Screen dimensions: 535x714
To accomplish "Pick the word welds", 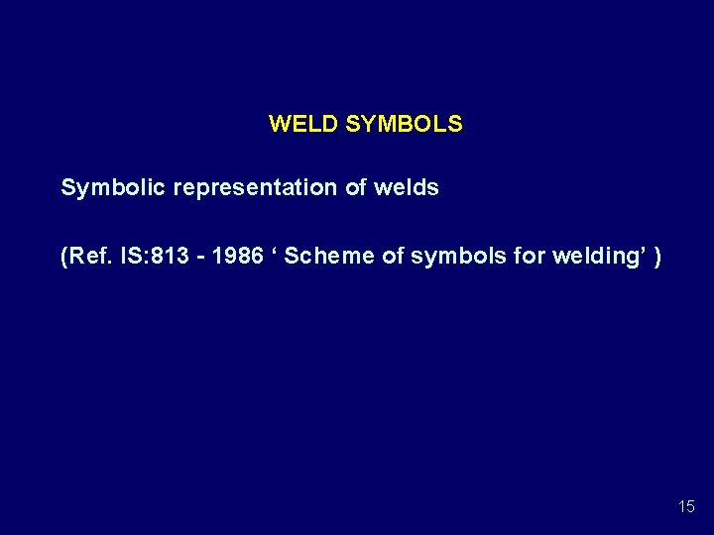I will [x=407, y=187].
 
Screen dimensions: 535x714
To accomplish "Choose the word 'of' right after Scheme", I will [x=393, y=257].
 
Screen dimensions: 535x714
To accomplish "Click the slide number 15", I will [x=686, y=506].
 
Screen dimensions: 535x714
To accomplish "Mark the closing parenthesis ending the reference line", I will [x=658, y=257].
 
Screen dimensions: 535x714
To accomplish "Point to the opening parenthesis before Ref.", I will [x=64, y=257].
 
